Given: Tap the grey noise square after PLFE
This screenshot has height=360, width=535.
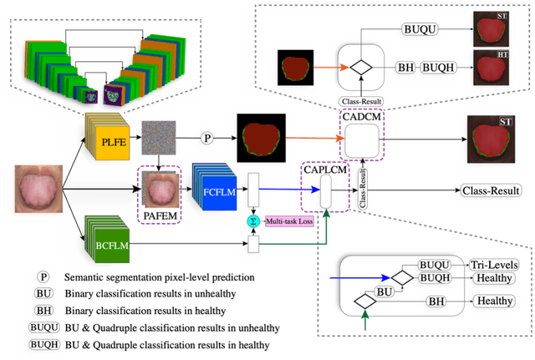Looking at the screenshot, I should pyautogui.click(x=156, y=134).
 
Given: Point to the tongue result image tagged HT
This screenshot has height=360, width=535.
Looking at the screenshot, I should pyautogui.click(x=491, y=70).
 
